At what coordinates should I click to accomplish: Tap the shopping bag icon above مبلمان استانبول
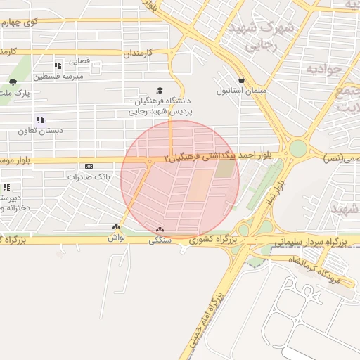point(242,80)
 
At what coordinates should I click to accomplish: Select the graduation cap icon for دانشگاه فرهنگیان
point(160,91)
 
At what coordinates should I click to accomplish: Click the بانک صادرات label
point(86,176)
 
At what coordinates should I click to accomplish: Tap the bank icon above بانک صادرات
point(88,166)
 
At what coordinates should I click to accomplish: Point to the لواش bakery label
point(115,238)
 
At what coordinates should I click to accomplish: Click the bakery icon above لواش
point(115,228)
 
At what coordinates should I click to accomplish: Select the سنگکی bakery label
point(160,239)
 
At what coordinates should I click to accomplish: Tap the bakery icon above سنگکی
point(160,229)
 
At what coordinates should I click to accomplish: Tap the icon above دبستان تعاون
point(40,120)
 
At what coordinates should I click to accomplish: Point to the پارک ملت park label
point(14,92)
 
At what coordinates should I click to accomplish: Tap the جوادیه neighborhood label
point(324,70)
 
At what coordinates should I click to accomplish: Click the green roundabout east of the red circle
point(298,148)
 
